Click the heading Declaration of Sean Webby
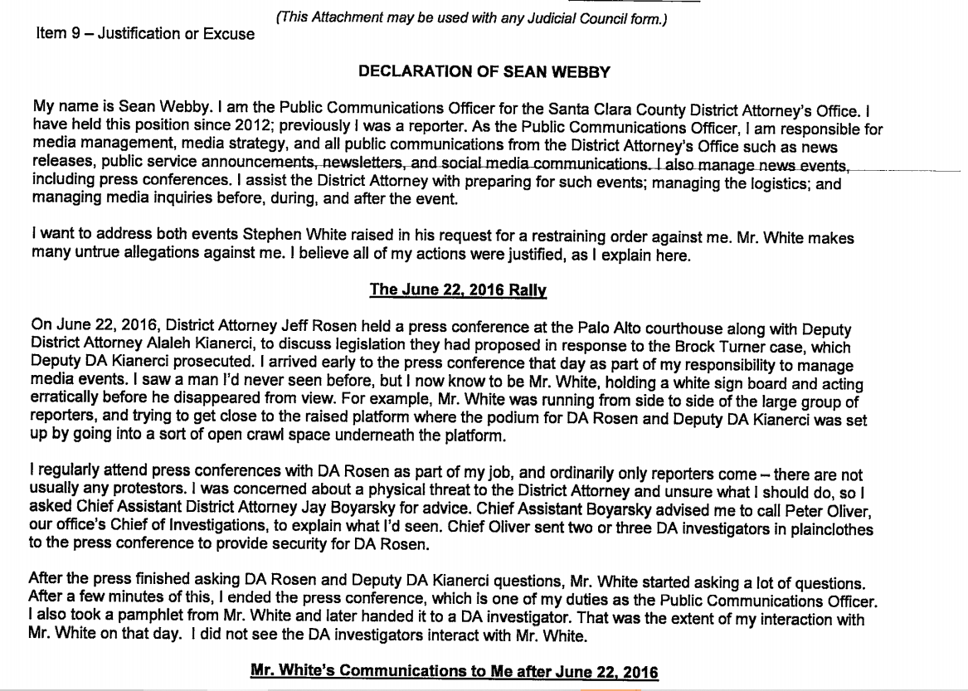[x=484, y=72]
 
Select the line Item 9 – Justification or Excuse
[x=145, y=34]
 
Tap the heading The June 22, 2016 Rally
[x=458, y=290]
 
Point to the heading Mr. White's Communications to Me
[x=454, y=671]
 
